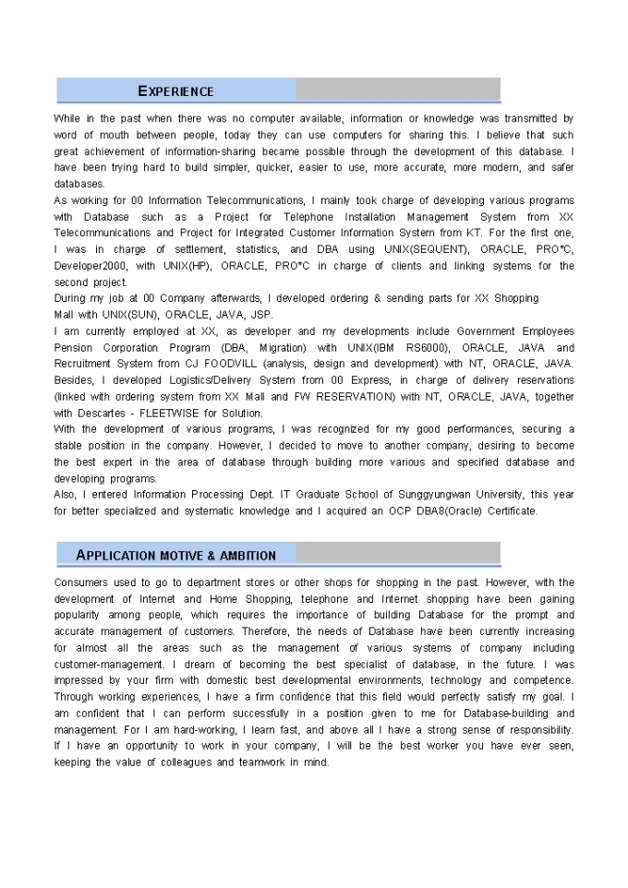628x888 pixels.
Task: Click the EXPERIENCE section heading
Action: [x=175, y=90]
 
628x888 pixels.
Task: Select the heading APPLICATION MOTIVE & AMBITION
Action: [x=175, y=555]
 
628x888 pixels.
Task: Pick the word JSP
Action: [x=262, y=315]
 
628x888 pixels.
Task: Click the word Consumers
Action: [x=83, y=582]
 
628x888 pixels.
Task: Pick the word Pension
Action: [x=75, y=348]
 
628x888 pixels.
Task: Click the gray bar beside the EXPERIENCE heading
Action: [x=398, y=90]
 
